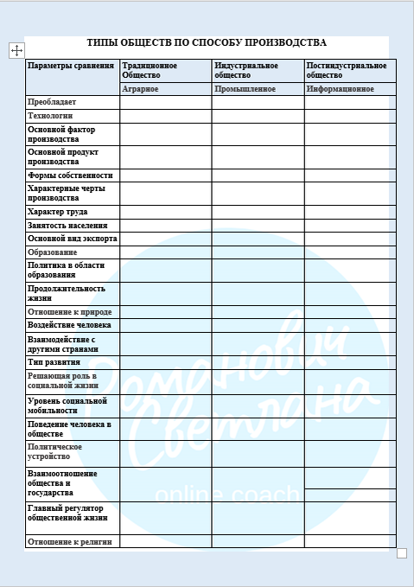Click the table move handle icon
(x=16, y=50)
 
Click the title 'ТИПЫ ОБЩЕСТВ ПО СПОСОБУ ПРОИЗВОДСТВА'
(x=207, y=42)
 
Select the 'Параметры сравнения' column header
(x=71, y=66)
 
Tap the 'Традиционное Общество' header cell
(x=150, y=70)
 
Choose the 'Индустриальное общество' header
(x=246, y=70)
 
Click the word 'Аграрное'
(x=140, y=89)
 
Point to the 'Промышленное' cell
(x=245, y=89)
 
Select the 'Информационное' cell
(x=341, y=89)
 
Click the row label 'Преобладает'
(x=52, y=102)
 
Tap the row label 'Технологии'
(x=51, y=116)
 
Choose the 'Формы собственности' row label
(x=70, y=175)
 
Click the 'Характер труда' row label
(x=58, y=212)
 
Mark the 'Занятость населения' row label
(x=67, y=226)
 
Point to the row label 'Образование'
(x=52, y=252)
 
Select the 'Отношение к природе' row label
(x=70, y=312)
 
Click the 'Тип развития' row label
(x=54, y=362)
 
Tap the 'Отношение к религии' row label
(x=70, y=542)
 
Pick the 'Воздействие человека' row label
(x=69, y=326)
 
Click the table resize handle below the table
(x=401, y=553)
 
